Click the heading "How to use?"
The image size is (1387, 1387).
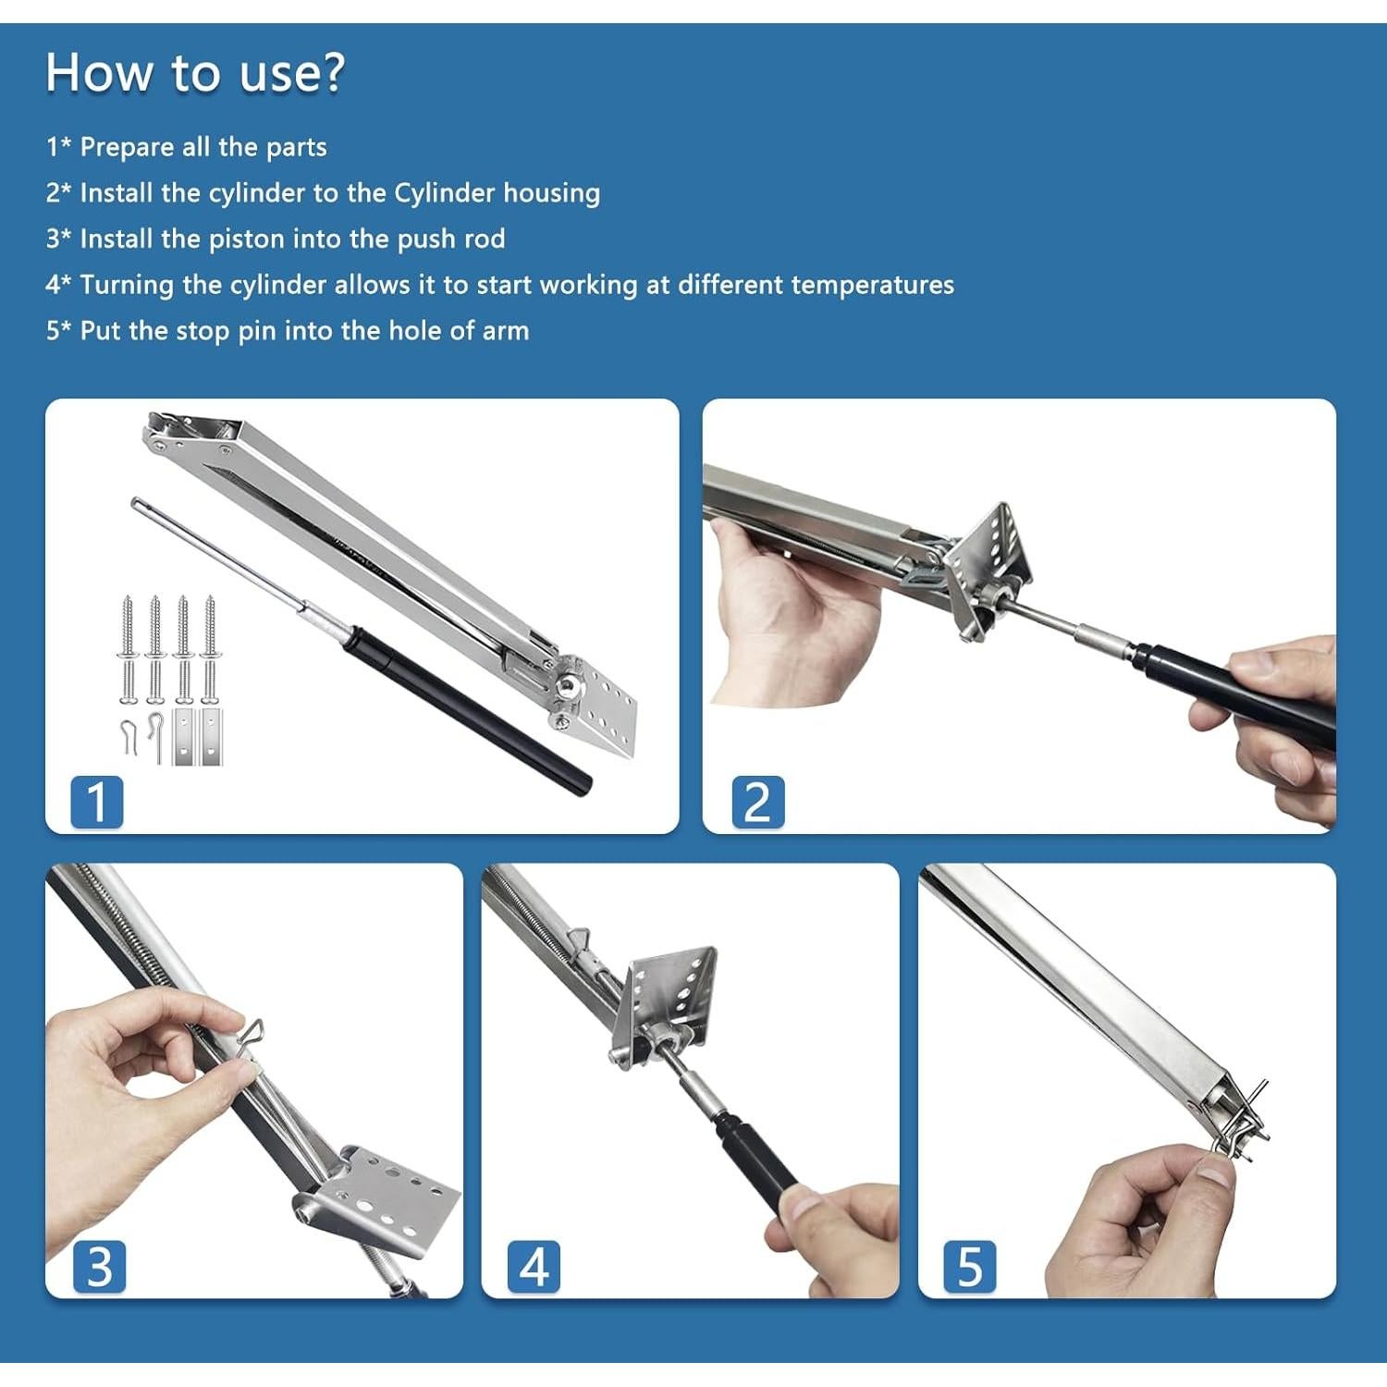tap(195, 72)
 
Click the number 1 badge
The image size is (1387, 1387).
tap(97, 803)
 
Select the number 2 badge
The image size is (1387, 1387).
tap(757, 803)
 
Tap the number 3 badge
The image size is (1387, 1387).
tap(99, 1267)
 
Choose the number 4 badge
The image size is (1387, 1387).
tap(534, 1267)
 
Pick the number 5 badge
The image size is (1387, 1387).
tap(970, 1267)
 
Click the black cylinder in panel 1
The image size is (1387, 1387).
tap(467, 710)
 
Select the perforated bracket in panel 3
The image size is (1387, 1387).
tap(384, 1202)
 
